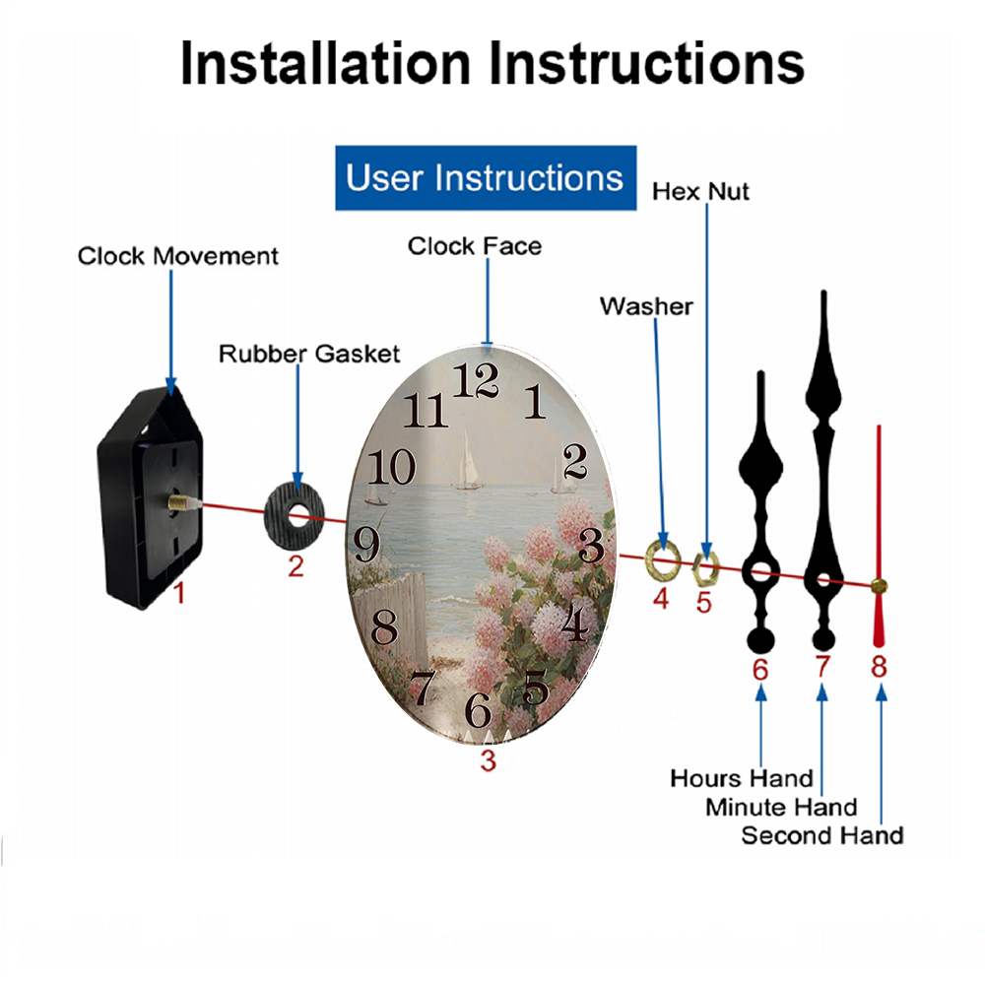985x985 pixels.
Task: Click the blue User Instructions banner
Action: coord(486,177)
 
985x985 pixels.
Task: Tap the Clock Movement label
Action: coord(177,256)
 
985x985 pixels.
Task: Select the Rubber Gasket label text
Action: coord(309,354)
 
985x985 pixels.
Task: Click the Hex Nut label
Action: coord(700,192)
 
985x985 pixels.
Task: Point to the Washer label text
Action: coord(646,306)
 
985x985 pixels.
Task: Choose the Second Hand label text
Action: coord(822,835)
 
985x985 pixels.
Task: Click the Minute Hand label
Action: coord(781,808)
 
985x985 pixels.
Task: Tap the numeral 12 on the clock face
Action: coord(476,380)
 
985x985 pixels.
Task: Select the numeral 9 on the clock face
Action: coord(366,545)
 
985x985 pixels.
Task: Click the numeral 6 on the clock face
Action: coord(478,710)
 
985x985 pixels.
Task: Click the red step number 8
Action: coord(879,667)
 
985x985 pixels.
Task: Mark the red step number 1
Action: coord(179,593)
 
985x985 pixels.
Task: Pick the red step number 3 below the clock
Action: coord(489,760)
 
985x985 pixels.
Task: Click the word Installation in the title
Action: coord(325,63)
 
